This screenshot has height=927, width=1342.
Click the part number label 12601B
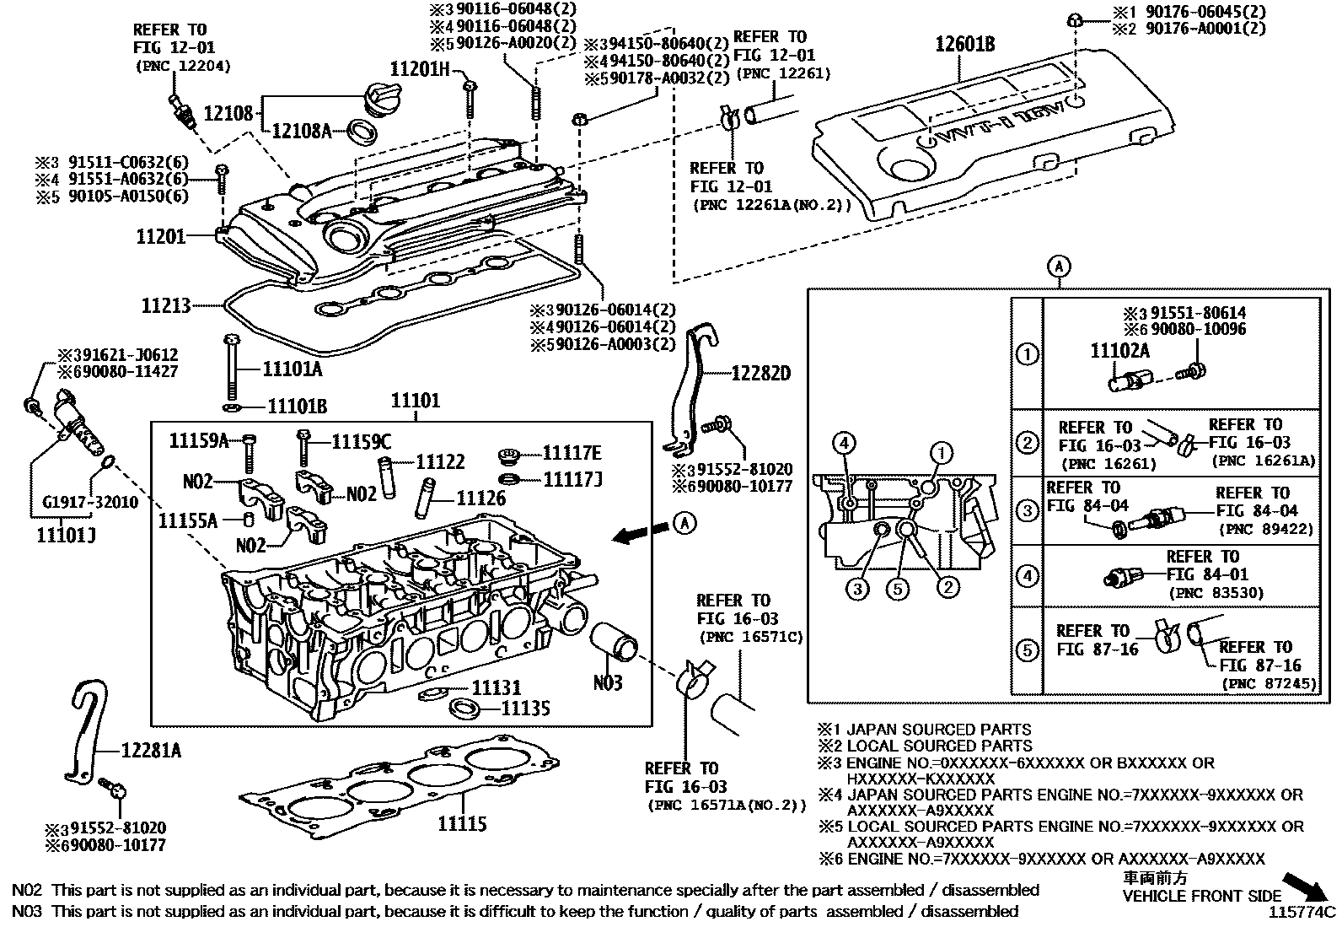coord(964,44)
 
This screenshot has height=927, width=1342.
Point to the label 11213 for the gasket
coord(166,305)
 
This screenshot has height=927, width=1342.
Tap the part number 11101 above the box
coord(415,400)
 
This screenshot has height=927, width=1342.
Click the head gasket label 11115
coord(461,823)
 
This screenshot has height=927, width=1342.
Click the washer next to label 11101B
coord(231,407)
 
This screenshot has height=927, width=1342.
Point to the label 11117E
coord(572,452)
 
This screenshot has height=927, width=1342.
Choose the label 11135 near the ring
coord(525,709)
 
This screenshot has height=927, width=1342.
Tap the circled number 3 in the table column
coord(1027,510)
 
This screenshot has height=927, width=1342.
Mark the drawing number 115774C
coord(1304,912)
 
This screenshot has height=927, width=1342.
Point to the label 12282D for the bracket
coord(760,372)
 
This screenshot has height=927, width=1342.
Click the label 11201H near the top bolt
coord(419,68)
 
